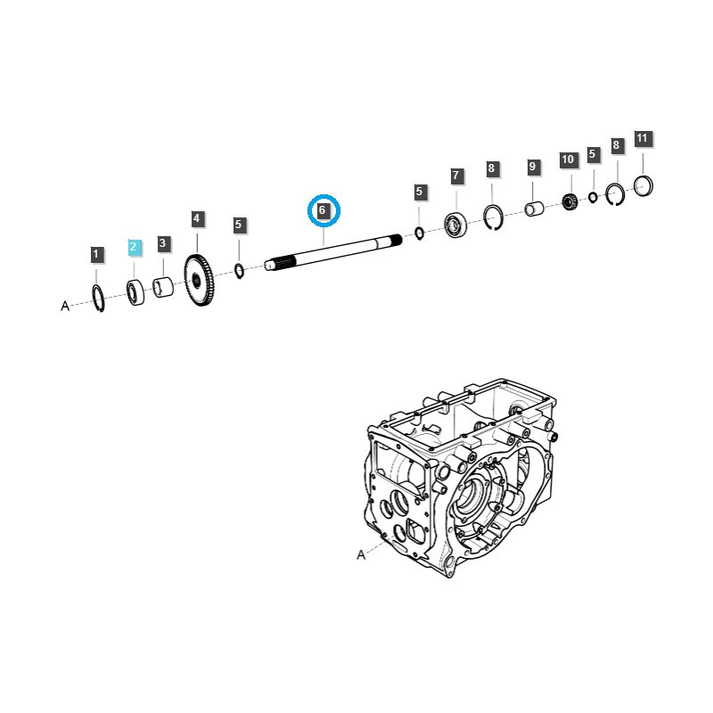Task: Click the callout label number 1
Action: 96,255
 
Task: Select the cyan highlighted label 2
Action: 134,247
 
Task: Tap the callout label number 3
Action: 163,243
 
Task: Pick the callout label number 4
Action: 197,218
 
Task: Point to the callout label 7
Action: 455,176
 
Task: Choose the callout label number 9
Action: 532,167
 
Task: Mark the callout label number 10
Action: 568,160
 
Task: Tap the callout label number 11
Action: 643,139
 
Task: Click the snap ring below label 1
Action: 98,299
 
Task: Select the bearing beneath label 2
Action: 135,291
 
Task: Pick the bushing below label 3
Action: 163,289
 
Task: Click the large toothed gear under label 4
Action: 200,282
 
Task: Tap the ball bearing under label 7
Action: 456,225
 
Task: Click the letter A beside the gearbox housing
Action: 361,554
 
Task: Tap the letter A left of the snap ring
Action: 65,306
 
